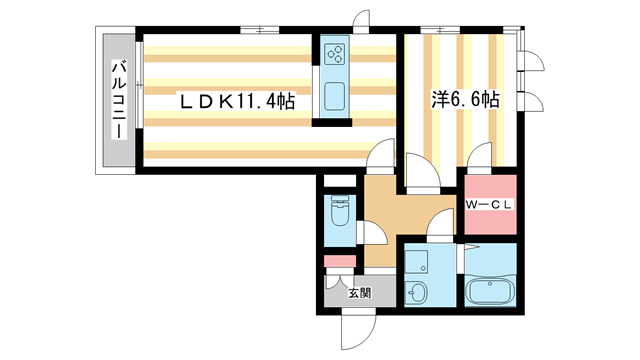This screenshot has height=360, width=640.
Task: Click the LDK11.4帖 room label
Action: pos(237,101)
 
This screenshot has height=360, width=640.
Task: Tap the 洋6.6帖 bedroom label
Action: pos(466,100)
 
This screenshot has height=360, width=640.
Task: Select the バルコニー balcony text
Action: pos(117,100)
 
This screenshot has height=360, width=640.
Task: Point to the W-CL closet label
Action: pos(490,205)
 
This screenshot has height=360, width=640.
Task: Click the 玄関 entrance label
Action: pos(360,293)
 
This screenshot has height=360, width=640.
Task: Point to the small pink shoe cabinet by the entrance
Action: pos(338,262)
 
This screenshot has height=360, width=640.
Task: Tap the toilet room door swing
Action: pos(369,233)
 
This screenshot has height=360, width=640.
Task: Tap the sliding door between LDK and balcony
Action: pos(140,100)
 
